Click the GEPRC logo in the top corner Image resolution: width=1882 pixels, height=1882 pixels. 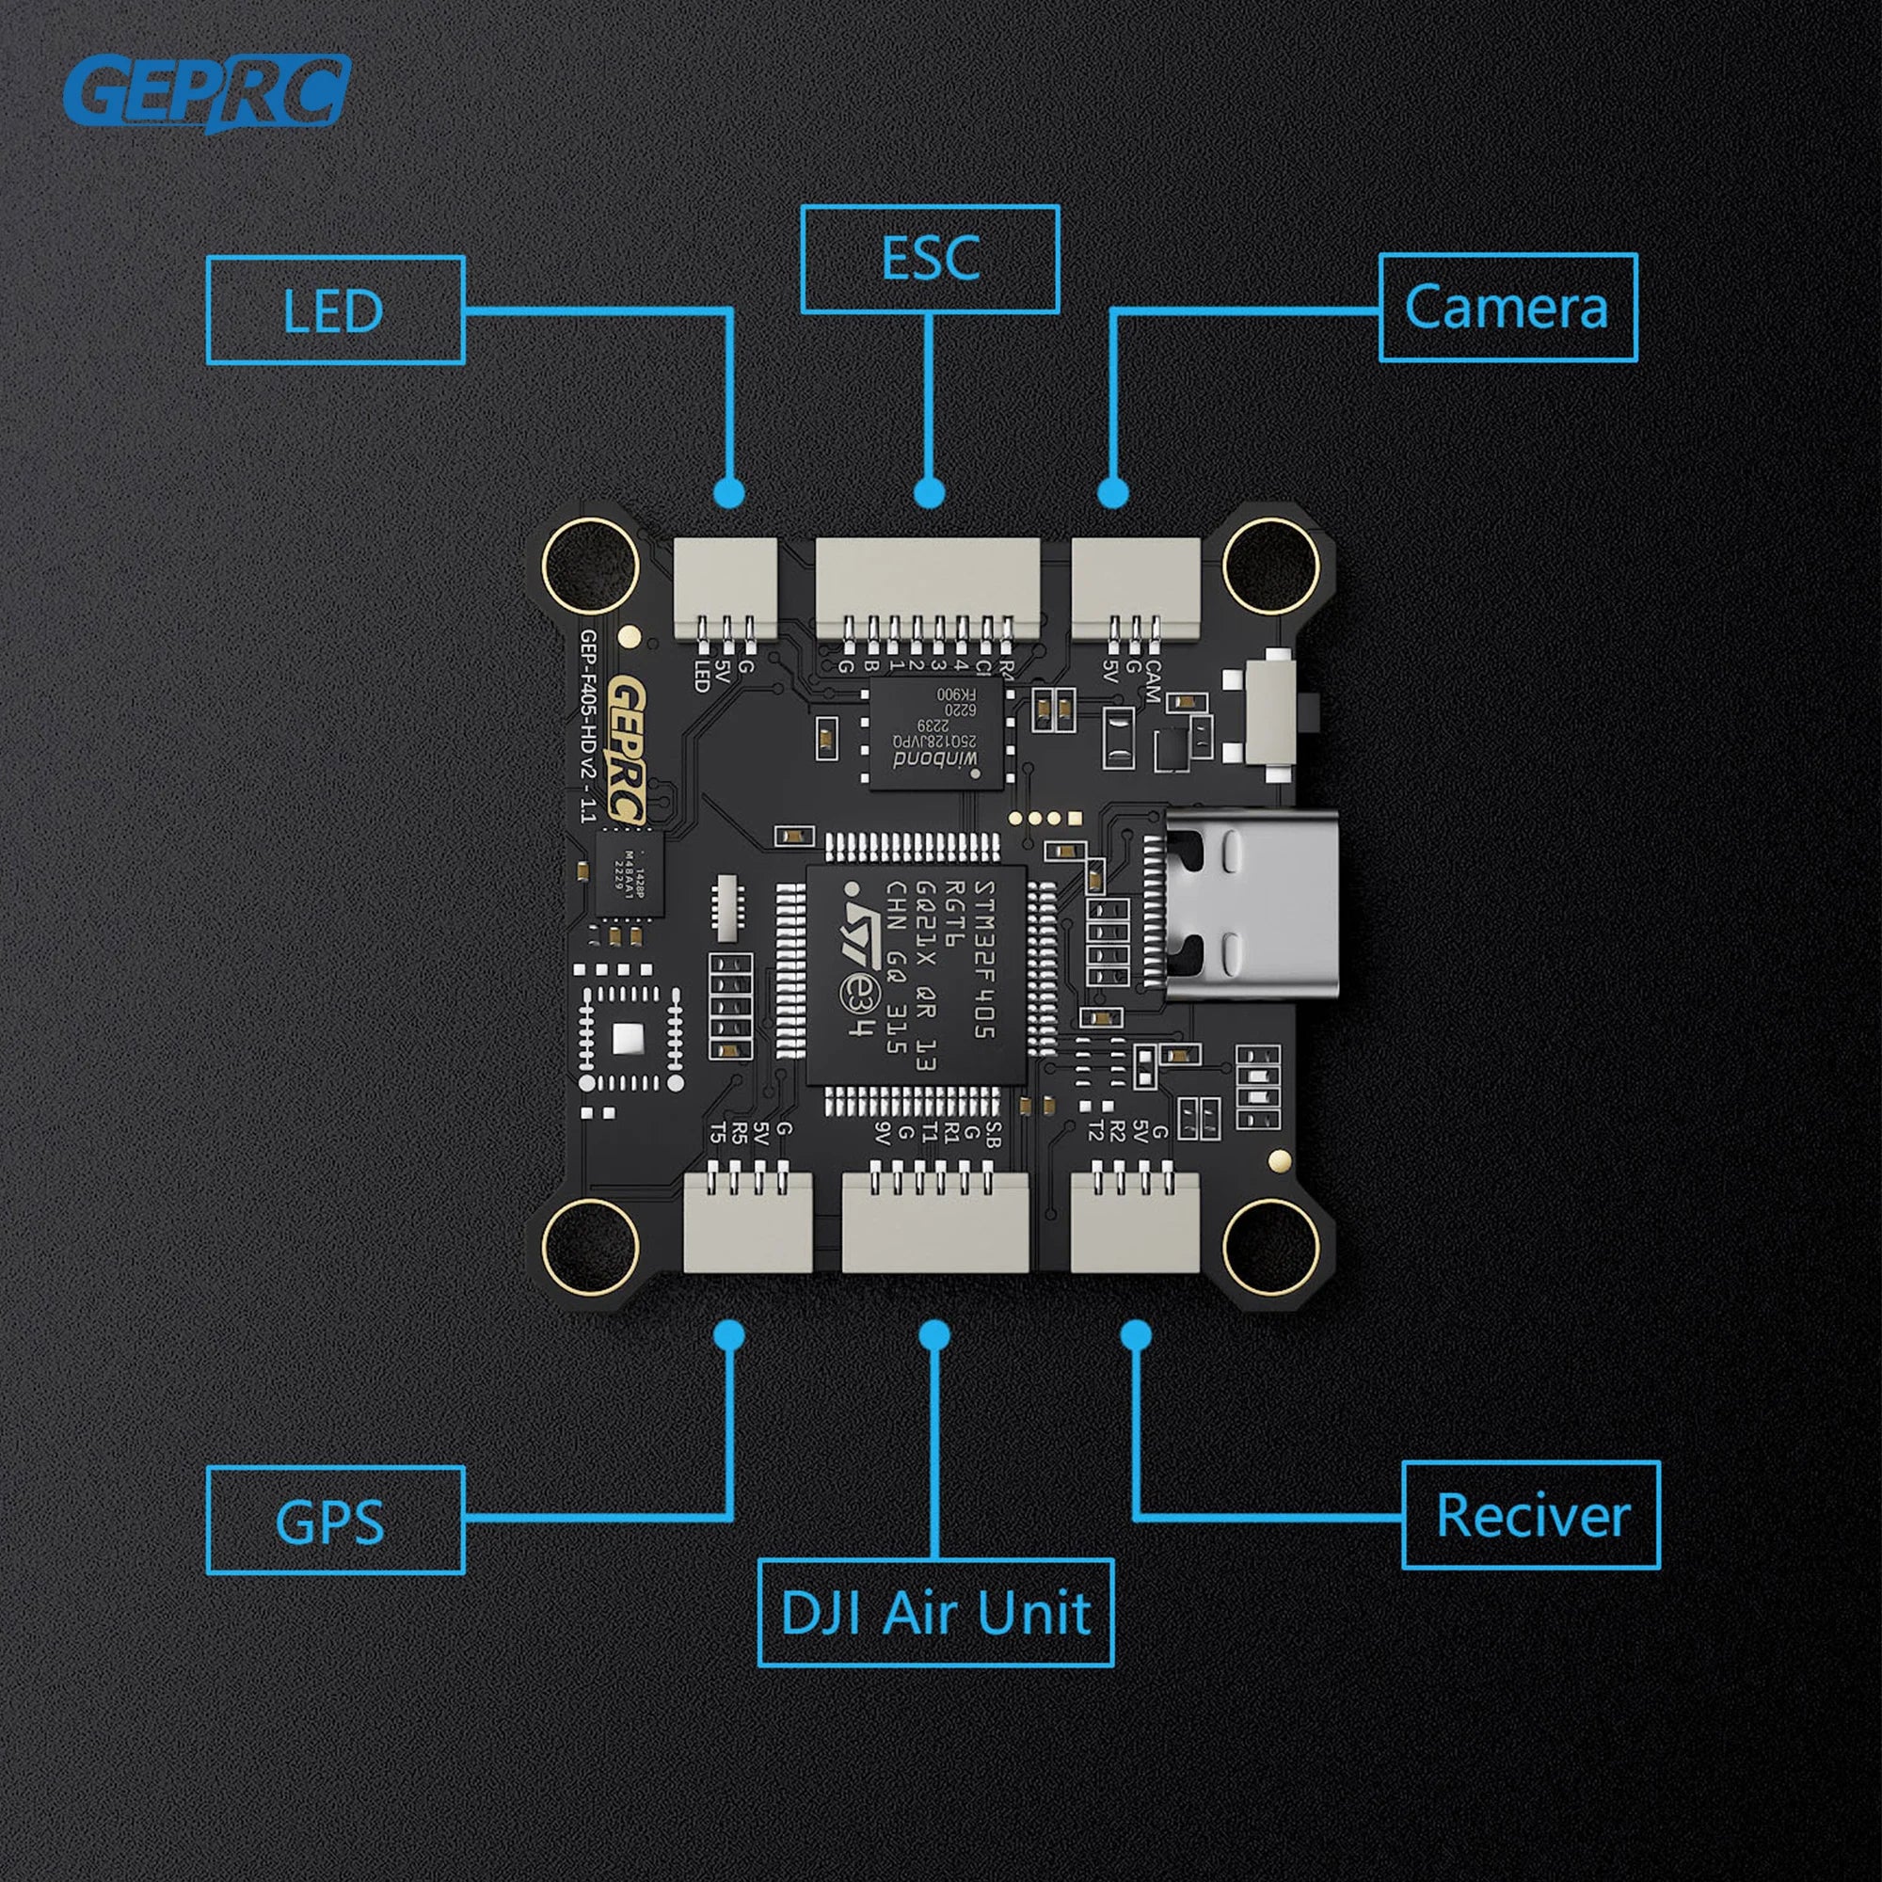tap(206, 92)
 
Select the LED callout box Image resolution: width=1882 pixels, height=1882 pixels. tap(335, 311)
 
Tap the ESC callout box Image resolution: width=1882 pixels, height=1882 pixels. tap(930, 259)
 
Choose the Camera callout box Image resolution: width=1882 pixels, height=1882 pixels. tap(1507, 308)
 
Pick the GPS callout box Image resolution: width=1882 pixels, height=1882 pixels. tap(335, 1520)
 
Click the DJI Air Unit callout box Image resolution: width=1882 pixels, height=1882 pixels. tap(935, 1612)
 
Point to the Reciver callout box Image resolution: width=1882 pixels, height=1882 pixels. tap(1530, 1515)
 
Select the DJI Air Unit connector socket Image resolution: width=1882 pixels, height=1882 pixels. tap(934, 1221)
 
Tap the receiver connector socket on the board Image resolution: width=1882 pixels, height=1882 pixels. tap(1135, 1221)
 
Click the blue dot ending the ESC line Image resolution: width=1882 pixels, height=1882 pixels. tap(930, 492)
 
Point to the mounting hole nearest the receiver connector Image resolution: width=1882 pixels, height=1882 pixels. tap(1270, 1248)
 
